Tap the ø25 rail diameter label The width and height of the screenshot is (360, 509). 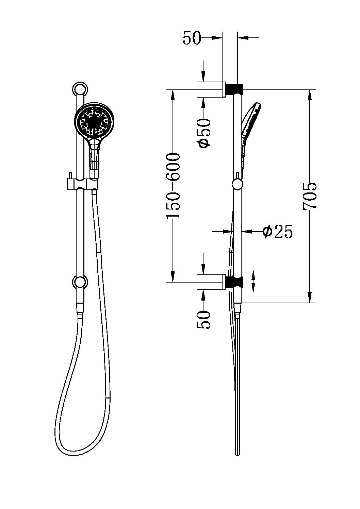[x=277, y=232]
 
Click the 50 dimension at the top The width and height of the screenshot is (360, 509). [x=192, y=38]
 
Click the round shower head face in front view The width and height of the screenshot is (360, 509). [x=95, y=121]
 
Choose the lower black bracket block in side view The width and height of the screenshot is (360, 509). [x=234, y=282]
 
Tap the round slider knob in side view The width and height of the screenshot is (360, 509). [x=237, y=184]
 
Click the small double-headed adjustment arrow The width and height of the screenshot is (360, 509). [x=253, y=281]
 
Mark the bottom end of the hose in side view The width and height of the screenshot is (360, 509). [x=237, y=452]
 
